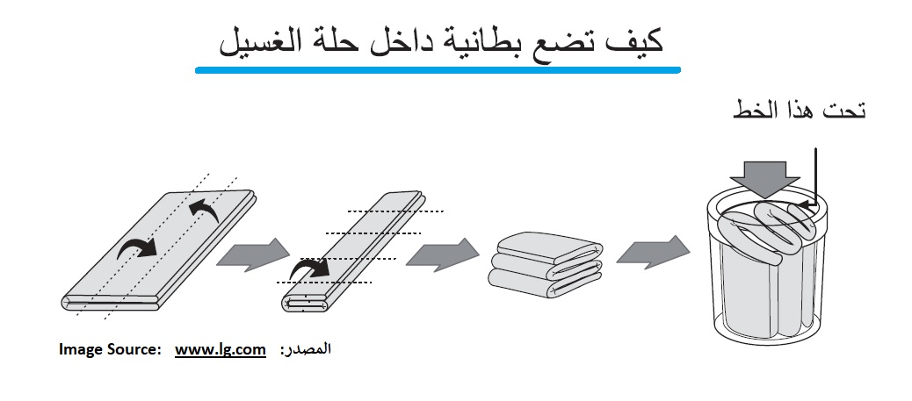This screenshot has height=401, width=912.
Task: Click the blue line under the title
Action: point(437,68)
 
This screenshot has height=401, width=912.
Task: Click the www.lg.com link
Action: point(221,349)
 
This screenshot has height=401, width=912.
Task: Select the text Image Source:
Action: point(110,349)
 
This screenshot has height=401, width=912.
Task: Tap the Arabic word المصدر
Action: point(307,349)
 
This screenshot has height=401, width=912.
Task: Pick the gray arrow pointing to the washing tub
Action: point(652,254)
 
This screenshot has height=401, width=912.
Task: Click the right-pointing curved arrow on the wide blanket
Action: point(138,248)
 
